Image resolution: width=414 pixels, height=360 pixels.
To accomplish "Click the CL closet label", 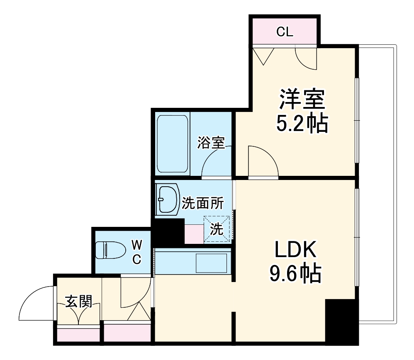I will [285, 32].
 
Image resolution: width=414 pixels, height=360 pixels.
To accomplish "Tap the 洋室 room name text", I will [301, 100].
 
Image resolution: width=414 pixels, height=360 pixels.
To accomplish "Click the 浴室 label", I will [211, 143].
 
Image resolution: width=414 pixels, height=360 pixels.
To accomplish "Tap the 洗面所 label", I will [202, 203].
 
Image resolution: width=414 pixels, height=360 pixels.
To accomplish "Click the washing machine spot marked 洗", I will [217, 229].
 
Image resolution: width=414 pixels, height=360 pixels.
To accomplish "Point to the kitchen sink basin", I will [211, 262].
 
